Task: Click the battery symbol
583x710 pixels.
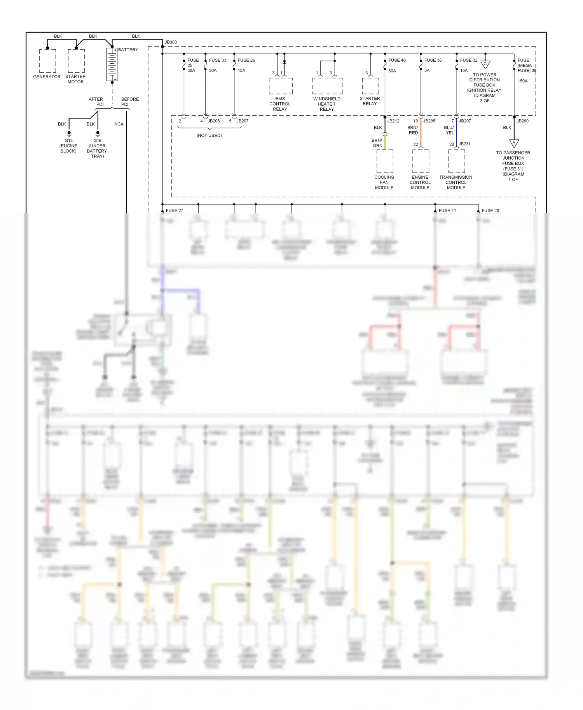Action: click(x=112, y=64)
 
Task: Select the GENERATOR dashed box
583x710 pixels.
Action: click(x=47, y=61)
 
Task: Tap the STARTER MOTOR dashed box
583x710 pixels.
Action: click(x=76, y=61)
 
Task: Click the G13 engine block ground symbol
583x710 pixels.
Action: click(x=69, y=133)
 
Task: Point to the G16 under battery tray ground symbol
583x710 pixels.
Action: click(x=98, y=133)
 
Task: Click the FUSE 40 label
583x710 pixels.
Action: click(x=397, y=60)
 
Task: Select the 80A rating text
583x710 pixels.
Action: click(x=392, y=71)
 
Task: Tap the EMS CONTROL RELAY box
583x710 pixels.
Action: click(x=281, y=86)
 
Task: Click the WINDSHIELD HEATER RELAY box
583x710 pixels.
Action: click(x=327, y=86)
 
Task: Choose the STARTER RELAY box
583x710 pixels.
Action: click(x=370, y=86)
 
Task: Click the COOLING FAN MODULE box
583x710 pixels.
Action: click(x=385, y=161)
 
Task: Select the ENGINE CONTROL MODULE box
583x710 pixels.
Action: click(x=421, y=161)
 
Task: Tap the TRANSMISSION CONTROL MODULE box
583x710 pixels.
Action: click(x=456, y=161)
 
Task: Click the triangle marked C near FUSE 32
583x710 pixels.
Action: click(x=485, y=64)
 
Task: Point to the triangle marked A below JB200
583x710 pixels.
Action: click(x=514, y=143)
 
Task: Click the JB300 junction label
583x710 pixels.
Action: click(x=171, y=42)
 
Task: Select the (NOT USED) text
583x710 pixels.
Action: click(x=209, y=136)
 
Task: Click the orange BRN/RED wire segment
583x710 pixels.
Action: click(x=421, y=134)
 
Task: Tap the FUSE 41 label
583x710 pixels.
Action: click(x=447, y=211)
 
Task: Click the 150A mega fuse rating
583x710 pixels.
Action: click(x=522, y=81)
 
